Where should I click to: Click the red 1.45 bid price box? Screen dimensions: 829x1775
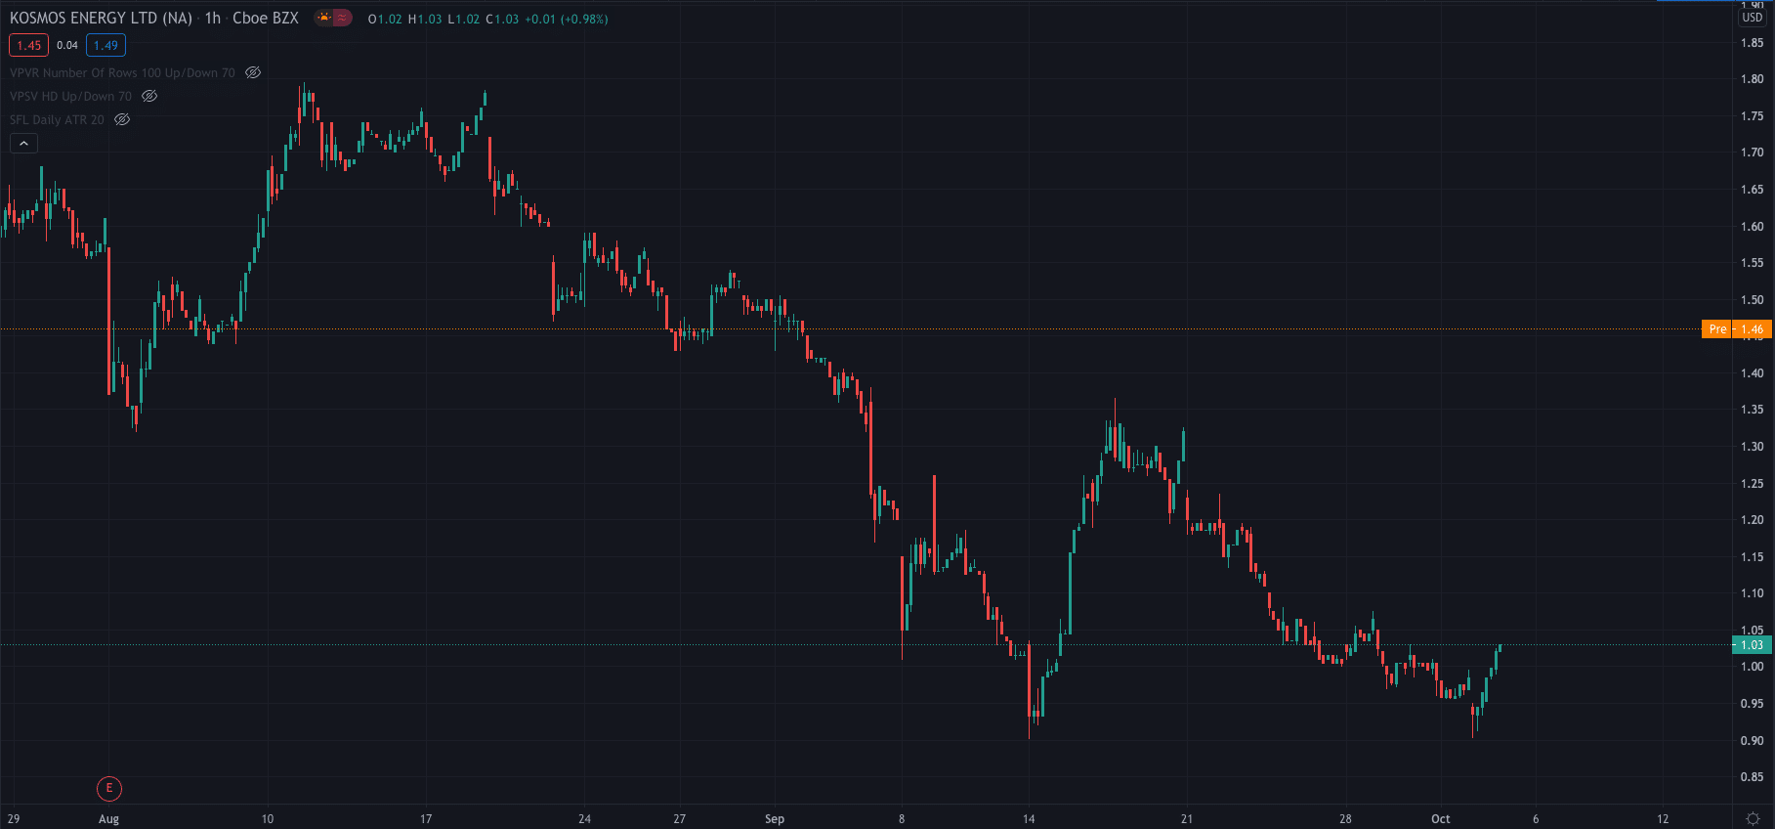[28, 45]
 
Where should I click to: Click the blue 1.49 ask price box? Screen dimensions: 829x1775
[106, 45]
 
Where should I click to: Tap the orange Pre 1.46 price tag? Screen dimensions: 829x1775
[1736, 329]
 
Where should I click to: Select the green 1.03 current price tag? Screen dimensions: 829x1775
[1752, 645]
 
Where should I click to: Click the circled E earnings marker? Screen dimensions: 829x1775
[109, 788]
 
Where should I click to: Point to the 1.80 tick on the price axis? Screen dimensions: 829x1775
[1752, 79]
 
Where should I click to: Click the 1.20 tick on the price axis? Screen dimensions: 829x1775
[1752, 520]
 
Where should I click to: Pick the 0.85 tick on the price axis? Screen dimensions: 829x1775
[1752, 777]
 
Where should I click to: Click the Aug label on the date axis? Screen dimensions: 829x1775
[108, 819]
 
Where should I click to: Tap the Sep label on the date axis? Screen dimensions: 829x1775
[775, 819]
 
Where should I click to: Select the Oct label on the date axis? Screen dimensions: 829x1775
[1440, 819]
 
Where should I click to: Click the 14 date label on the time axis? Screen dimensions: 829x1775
[1029, 819]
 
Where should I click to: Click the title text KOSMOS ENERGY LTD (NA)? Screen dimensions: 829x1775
[101, 19]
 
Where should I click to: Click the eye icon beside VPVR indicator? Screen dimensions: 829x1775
[253, 72]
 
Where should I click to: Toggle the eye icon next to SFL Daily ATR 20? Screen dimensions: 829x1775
[122, 119]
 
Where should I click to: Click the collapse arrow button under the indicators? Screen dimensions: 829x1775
[23, 144]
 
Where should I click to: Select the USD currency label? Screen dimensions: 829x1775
[1753, 18]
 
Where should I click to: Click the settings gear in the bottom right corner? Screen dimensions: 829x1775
[1753, 819]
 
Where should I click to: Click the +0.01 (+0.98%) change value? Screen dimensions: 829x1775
[566, 20]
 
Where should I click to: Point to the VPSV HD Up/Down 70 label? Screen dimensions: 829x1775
[70, 96]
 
